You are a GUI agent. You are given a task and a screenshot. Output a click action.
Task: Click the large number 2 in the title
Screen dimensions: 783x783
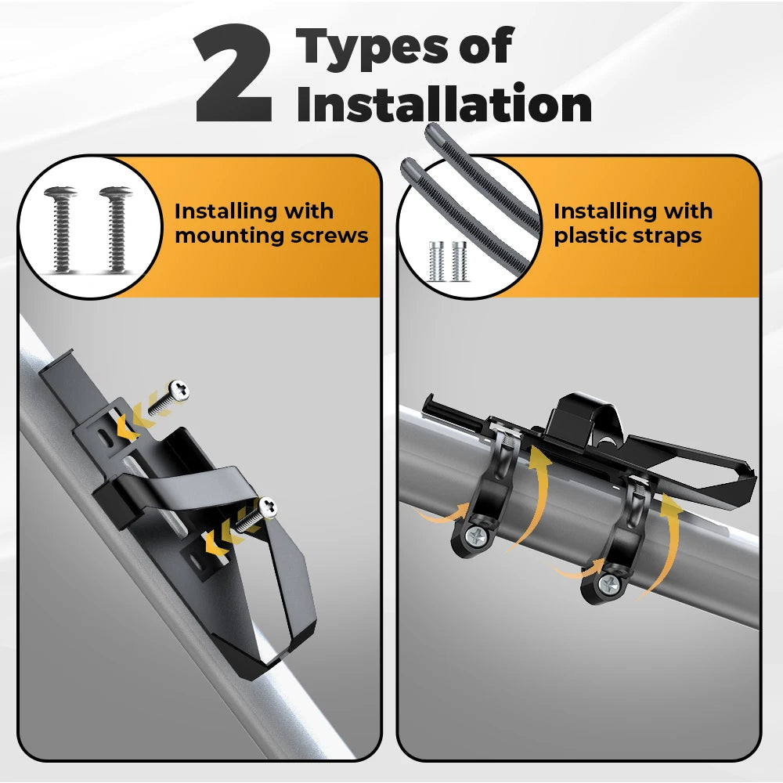point(233,74)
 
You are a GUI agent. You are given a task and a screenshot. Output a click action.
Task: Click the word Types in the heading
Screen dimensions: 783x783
point(373,49)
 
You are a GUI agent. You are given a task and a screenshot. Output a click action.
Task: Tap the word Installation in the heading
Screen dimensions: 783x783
point(444,103)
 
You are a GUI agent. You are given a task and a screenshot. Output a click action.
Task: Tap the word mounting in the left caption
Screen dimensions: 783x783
point(229,236)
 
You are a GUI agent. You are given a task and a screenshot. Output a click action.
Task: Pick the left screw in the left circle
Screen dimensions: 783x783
point(60,229)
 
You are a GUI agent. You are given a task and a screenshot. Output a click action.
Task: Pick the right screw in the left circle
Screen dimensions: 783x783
point(115,229)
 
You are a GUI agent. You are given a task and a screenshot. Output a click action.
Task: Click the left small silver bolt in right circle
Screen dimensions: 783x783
point(436,262)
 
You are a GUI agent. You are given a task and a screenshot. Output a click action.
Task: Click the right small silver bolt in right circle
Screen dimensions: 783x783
point(460,262)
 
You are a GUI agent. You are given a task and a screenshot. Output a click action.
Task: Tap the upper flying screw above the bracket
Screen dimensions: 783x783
point(169,397)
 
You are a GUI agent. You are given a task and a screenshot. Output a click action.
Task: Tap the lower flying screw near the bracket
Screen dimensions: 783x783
point(256,514)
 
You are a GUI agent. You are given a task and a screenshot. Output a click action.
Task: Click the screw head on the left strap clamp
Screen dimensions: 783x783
point(477,537)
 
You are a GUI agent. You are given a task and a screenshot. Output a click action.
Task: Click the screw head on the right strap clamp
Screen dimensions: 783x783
point(609,583)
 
